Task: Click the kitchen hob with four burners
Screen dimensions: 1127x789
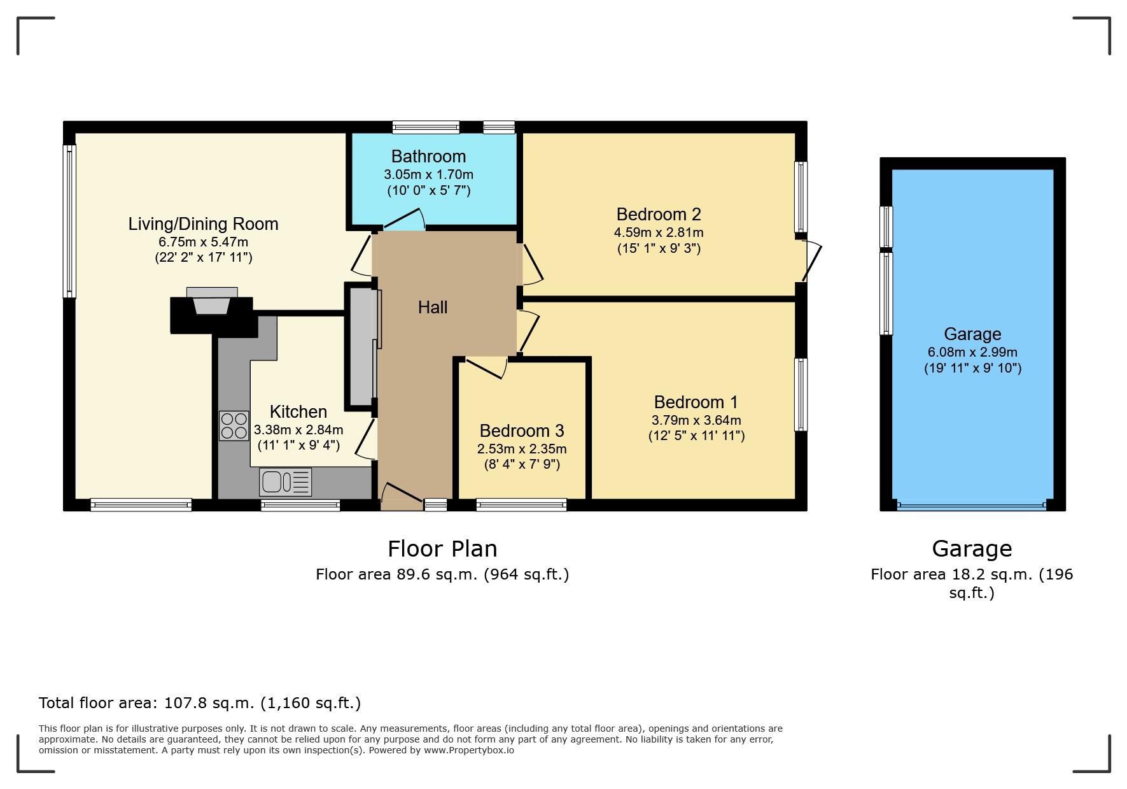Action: (234, 426)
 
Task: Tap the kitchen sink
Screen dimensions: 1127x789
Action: (285, 482)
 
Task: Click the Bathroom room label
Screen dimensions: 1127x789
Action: (428, 157)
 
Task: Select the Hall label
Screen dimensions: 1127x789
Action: (433, 308)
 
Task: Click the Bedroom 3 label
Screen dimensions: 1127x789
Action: (522, 431)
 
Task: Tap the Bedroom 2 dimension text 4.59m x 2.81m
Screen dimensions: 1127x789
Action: (659, 232)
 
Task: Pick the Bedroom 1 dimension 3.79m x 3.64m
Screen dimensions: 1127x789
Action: (696, 420)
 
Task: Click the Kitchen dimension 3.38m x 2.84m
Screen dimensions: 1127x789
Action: (298, 430)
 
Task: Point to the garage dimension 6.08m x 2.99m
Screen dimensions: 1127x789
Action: (972, 352)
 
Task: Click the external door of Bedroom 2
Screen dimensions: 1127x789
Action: (811, 260)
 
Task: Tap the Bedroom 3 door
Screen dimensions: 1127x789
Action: (486, 367)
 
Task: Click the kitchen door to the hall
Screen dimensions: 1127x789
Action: (365, 438)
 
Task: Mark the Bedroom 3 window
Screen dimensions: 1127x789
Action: (521, 505)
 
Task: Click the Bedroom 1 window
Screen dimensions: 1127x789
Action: (801, 395)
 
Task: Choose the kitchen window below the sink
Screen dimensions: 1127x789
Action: (300, 506)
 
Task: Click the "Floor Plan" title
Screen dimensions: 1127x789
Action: (443, 549)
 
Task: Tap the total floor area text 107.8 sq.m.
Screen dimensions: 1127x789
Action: (200, 703)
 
